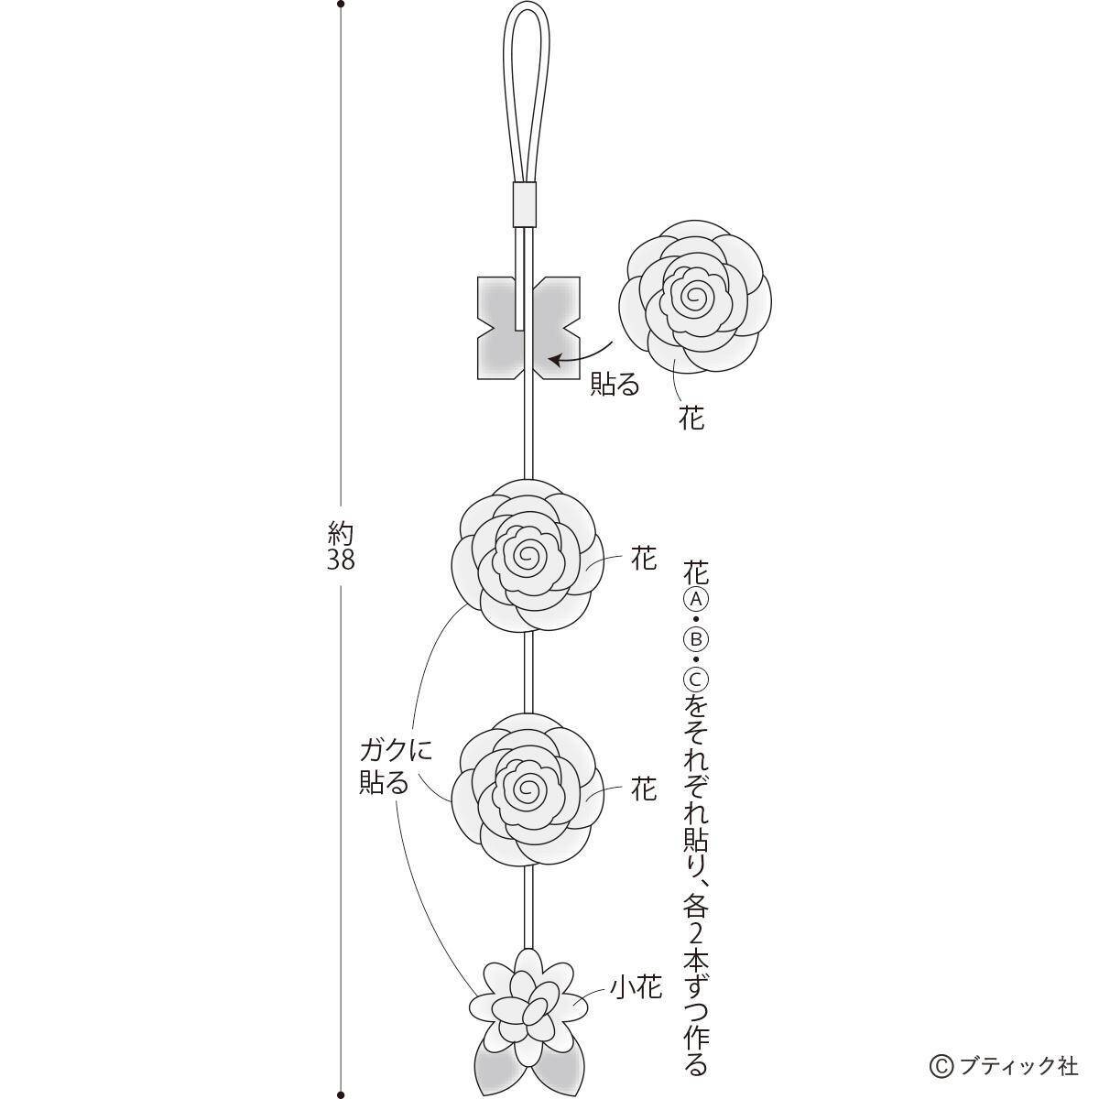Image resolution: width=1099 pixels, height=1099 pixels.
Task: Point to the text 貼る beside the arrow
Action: click(x=614, y=384)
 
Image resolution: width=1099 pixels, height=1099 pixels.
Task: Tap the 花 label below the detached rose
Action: click(x=691, y=419)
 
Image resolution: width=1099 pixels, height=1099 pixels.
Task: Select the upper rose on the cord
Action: click(x=528, y=555)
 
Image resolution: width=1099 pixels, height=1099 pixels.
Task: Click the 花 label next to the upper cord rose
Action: click(x=644, y=559)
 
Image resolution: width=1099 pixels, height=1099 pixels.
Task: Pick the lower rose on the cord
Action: click(x=528, y=788)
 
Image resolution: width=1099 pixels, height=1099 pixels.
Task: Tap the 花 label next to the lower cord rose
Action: click(x=644, y=789)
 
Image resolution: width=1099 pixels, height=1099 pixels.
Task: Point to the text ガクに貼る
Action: click(x=395, y=767)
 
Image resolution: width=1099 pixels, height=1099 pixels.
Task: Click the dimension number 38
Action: click(x=341, y=560)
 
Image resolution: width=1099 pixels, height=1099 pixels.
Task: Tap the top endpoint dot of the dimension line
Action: click(x=341, y=5)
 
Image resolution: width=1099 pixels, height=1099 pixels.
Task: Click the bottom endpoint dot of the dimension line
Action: click(x=341, y=1094)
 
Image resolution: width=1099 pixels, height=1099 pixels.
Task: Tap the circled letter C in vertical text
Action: click(x=695, y=680)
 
